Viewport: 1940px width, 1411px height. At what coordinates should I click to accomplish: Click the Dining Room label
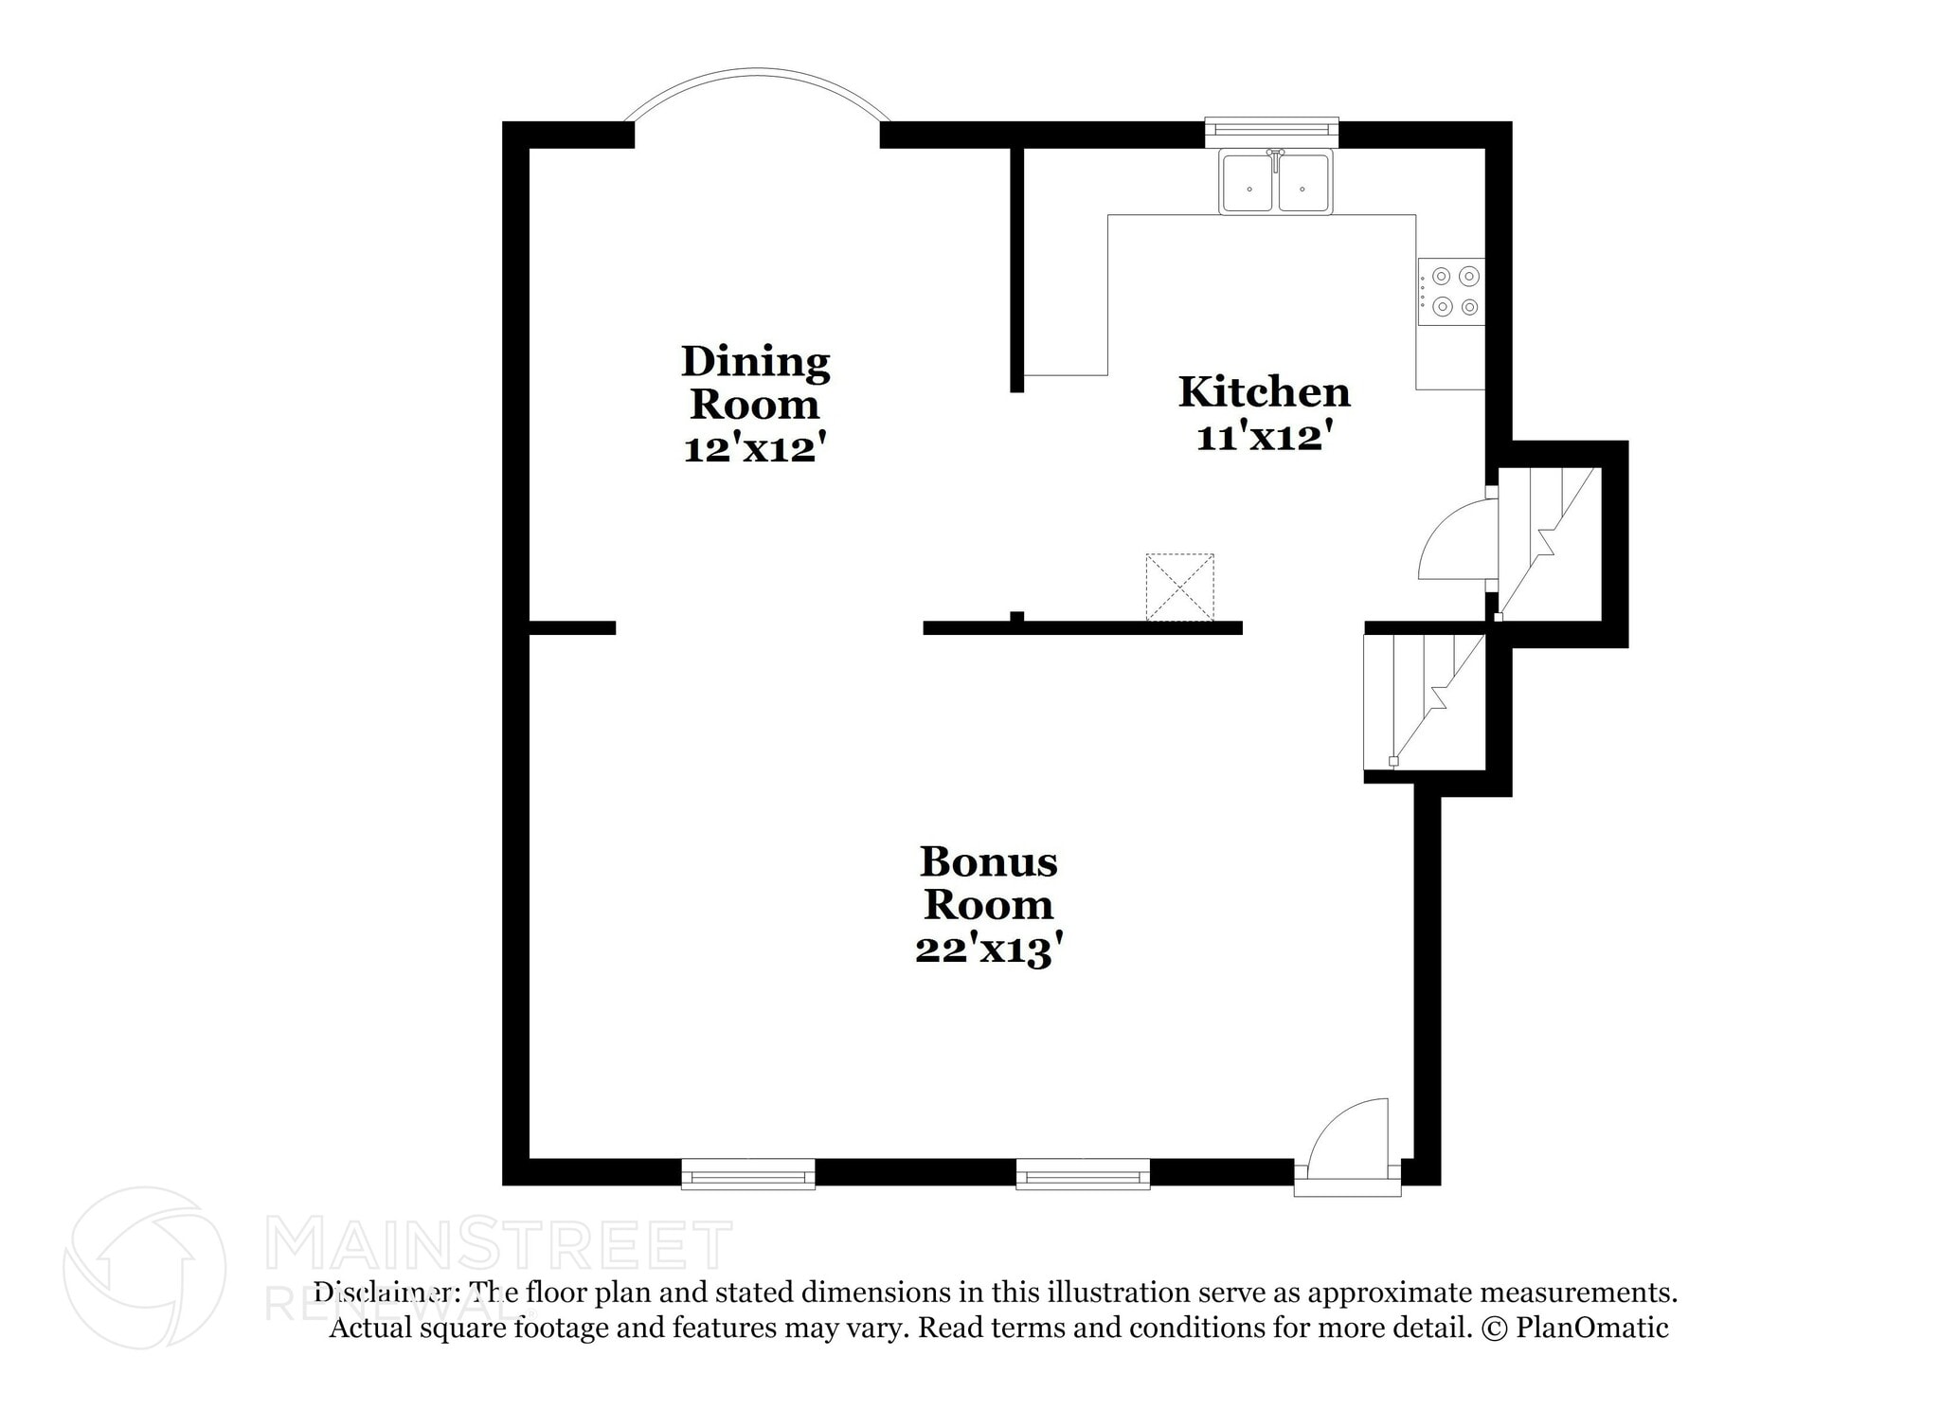click(755, 382)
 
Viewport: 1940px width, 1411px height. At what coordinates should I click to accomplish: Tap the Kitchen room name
click(1264, 391)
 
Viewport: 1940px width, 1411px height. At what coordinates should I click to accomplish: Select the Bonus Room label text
click(988, 882)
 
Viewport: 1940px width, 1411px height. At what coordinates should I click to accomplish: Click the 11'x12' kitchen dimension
click(1265, 438)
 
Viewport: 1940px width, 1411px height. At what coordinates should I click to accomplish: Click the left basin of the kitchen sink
click(1248, 183)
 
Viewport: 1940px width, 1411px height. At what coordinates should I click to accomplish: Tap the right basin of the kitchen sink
click(1303, 183)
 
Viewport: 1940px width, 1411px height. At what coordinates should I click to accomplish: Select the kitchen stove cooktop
click(1450, 292)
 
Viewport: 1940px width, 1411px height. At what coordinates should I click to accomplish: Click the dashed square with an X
click(1179, 588)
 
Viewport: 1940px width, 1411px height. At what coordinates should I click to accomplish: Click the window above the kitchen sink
click(1271, 127)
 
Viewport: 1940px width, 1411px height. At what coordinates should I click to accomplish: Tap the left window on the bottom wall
click(748, 1174)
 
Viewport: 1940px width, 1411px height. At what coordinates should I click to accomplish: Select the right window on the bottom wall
click(1083, 1174)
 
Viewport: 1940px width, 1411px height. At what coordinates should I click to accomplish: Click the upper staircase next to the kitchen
click(1549, 544)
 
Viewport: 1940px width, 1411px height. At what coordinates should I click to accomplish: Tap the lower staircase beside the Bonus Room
click(1424, 701)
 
